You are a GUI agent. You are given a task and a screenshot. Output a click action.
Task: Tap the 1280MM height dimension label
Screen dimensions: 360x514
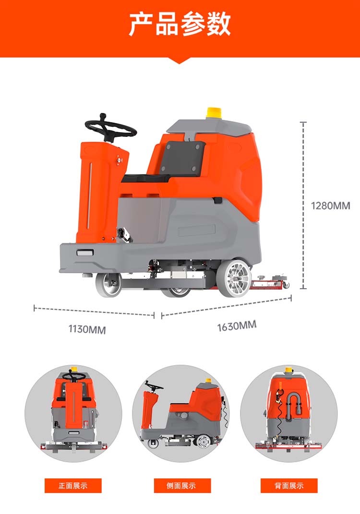(330, 206)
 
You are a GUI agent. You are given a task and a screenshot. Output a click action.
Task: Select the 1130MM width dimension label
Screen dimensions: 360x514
(87, 329)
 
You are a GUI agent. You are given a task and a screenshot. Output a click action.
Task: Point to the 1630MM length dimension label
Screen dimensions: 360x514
(237, 326)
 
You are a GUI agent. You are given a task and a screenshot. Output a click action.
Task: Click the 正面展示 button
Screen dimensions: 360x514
(73, 486)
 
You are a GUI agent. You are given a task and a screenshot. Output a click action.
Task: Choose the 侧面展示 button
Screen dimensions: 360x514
(182, 486)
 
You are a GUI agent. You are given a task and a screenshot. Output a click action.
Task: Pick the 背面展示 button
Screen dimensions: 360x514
(289, 486)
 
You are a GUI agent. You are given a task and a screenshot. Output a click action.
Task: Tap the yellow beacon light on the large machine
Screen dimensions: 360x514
(213, 113)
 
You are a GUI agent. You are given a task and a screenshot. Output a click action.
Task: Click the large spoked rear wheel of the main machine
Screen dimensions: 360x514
(234, 278)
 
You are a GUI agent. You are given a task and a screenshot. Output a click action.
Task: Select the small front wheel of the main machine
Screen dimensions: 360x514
(108, 284)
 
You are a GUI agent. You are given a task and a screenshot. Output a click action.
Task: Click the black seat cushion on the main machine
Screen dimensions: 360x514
(146, 179)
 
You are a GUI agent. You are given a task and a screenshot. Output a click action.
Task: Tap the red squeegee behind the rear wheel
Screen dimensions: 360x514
(269, 283)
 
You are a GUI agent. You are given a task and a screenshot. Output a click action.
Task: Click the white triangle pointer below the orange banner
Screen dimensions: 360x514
(179, 61)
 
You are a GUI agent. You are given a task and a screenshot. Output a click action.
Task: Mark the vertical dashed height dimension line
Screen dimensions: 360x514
(303, 206)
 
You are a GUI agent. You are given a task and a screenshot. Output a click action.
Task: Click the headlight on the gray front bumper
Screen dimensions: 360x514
(85, 253)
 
